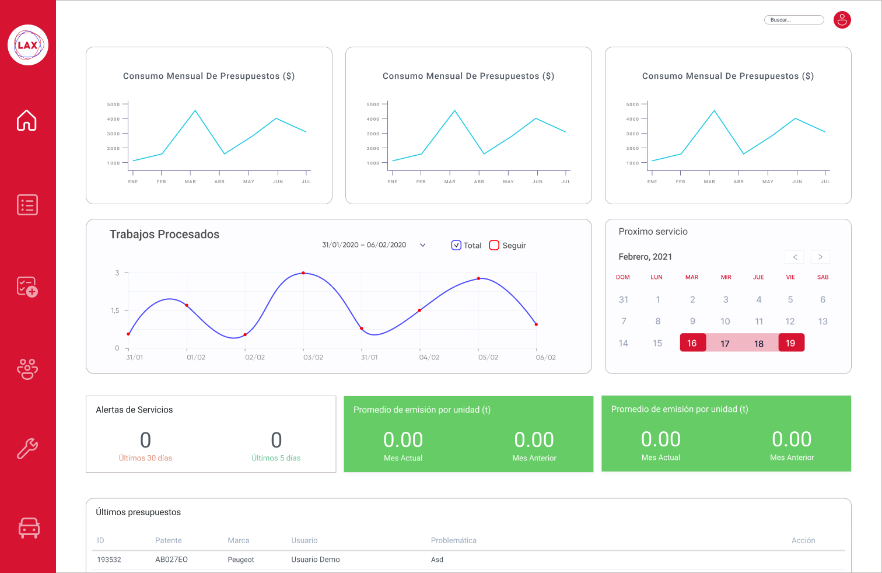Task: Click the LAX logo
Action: (x=27, y=45)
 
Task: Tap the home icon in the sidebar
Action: (x=27, y=120)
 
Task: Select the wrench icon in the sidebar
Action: (x=27, y=449)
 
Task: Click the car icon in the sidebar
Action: (x=29, y=527)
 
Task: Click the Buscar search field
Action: (x=793, y=20)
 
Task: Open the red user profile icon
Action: (x=842, y=20)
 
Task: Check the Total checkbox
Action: (x=456, y=246)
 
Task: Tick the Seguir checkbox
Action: (x=494, y=246)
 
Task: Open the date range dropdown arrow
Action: (x=423, y=245)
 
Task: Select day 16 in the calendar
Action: (x=692, y=343)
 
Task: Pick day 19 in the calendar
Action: (x=790, y=343)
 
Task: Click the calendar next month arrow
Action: (x=820, y=257)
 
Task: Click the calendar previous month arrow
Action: (x=794, y=257)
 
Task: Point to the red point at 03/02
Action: (x=303, y=273)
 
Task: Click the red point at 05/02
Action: (x=479, y=278)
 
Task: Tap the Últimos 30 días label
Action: (x=145, y=458)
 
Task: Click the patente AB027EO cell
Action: (x=171, y=560)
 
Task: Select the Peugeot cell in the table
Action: (x=241, y=560)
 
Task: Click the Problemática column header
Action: (x=453, y=540)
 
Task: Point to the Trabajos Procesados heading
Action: (x=164, y=235)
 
